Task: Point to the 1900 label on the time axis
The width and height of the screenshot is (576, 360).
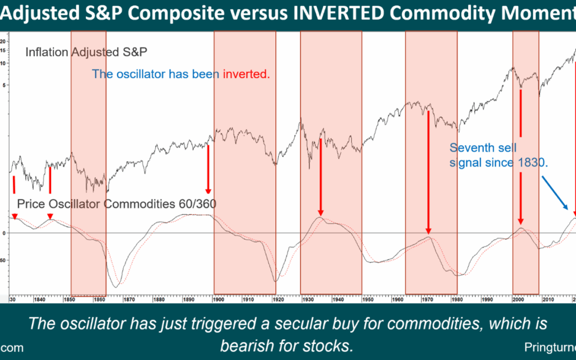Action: (x=218, y=300)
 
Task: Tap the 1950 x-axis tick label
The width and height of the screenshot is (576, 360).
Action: (x=367, y=300)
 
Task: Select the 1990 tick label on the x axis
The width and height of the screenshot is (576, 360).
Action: (x=486, y=300)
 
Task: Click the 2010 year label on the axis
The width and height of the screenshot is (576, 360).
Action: (x=546, y=300)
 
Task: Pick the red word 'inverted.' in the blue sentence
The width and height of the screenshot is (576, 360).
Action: (x=246, y=74)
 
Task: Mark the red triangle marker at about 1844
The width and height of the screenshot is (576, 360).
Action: (x=50, y=217)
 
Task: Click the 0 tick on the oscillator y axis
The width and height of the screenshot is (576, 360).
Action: (x=4, y=233)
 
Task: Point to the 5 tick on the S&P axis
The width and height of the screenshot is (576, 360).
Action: (x=4, y=85)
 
